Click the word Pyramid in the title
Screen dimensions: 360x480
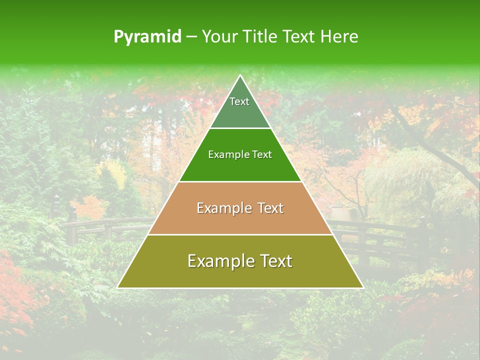tap(147, 37)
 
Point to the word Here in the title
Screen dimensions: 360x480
tap(339, 36)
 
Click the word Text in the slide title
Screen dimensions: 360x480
tap(299, 36)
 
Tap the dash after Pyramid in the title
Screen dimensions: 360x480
tap(191, 37)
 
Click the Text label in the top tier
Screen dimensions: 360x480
tap(239, 101)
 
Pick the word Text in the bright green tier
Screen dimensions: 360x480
tap(261, 154)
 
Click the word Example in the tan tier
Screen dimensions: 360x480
tap(222, 208)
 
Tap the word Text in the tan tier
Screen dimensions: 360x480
tap(270, 208)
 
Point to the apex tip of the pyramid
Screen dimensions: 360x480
tap(240, 76)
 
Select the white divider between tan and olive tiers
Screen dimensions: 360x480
tap(240, 234)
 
